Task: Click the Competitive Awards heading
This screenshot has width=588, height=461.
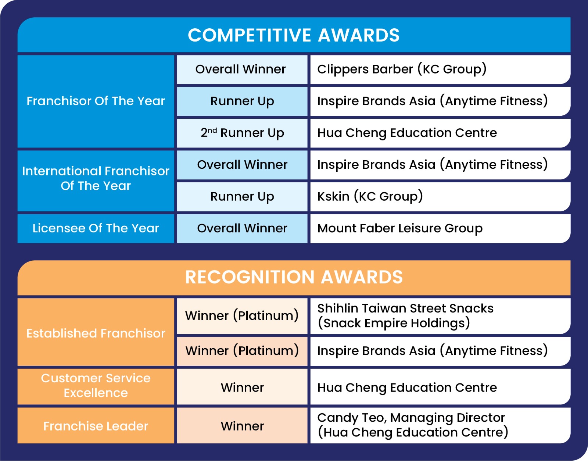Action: (294, 35)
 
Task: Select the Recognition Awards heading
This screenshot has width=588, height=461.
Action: (294, 278)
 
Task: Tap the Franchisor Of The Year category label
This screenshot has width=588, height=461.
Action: (96, 101)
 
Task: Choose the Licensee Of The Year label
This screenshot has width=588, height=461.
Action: (96, 228)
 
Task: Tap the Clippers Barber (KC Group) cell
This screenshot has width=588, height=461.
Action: (440, 69)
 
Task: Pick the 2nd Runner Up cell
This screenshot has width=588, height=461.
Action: (242, 133)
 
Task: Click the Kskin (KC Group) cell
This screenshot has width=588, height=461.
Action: (440, 197)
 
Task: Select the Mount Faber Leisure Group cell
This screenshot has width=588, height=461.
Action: (440, 228)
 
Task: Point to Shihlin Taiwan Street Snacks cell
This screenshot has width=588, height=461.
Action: (440, 316)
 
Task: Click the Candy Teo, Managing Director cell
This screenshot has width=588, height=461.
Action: (440, 426)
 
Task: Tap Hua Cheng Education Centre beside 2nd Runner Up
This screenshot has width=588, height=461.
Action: (440, 133)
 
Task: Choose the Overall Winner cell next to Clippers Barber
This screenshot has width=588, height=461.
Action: (242, 69)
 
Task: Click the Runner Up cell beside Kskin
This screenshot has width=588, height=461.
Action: (242, 197)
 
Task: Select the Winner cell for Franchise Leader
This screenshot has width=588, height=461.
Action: (242, 426)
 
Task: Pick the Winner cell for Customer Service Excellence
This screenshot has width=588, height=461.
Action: (242, 387)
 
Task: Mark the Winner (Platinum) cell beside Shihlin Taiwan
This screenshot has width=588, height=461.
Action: (242, 316)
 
